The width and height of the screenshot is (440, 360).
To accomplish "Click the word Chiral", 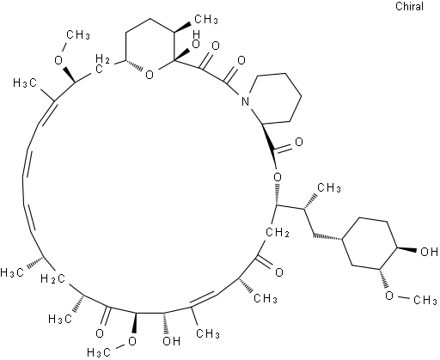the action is [409, 6].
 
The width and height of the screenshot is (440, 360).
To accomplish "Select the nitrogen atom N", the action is [245, 101].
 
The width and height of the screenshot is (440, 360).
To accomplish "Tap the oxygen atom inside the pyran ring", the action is [150, 75].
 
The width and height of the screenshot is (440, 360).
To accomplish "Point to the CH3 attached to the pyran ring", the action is [206, 20].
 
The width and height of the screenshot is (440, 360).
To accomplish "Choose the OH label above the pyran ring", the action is [195, 40].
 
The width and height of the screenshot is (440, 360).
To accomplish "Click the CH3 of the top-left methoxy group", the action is [78, 35].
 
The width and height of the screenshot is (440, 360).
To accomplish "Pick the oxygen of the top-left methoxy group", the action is [58, 59].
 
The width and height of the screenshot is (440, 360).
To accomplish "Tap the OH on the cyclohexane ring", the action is [429, 252].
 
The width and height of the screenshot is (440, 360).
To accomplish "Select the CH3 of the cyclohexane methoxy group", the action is [425, 300].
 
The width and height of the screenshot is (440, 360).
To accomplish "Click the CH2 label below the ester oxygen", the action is [278, 232].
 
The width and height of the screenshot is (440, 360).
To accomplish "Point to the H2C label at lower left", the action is [52, 278].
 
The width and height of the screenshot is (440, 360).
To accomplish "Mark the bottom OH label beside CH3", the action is [171, 341].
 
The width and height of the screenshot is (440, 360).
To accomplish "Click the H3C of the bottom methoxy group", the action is [99, 352].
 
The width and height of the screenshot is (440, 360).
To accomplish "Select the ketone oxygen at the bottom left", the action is [100, 333].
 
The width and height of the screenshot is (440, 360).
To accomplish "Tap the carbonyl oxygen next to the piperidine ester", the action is [299, 143].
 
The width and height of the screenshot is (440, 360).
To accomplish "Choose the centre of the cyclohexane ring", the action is [369, 243].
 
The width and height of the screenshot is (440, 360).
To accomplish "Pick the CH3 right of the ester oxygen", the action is [329, 187].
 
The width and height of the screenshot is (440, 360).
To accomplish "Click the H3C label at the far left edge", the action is [12, 272].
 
